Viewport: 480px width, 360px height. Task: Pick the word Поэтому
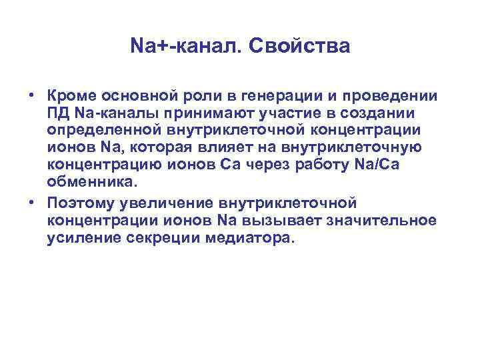pos(77,202)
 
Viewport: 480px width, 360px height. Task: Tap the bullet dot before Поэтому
pos(31,203)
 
